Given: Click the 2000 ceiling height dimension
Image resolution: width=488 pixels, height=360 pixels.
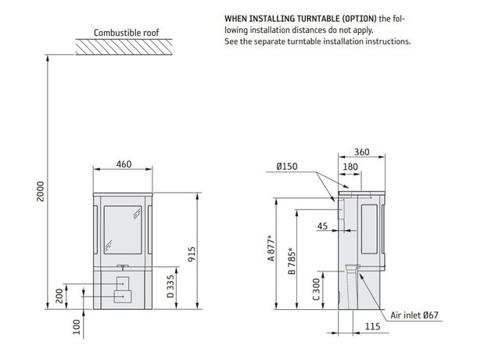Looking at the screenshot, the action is pyautogui.click(x=41, y=191).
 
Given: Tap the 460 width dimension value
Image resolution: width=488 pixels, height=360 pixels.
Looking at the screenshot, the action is pyautogui.click(x=124, y=164).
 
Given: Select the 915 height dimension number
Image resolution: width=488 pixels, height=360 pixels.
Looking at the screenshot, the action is pyautogui.click(x=192, y=254).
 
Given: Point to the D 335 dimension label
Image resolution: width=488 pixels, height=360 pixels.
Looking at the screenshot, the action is pyautogui.click(x=170, y=286).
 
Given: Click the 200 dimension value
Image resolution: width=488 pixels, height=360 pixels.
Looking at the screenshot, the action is pyautogui.click(x=59, y=296).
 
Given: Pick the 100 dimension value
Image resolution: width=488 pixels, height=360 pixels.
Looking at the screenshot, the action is pyautogui.click(x=77, y=326).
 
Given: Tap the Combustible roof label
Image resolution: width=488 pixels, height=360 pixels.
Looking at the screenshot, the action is pyautogui.click(x=127, y=33).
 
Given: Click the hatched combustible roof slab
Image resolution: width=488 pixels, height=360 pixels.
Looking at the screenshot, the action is pyautogui.click(x=124, y=47).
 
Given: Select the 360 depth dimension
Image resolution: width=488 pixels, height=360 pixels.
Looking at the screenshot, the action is pyautogui.click(x=361, y=152).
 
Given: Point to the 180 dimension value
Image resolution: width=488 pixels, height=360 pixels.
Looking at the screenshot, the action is pyautogui.click(x=350, y=167).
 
